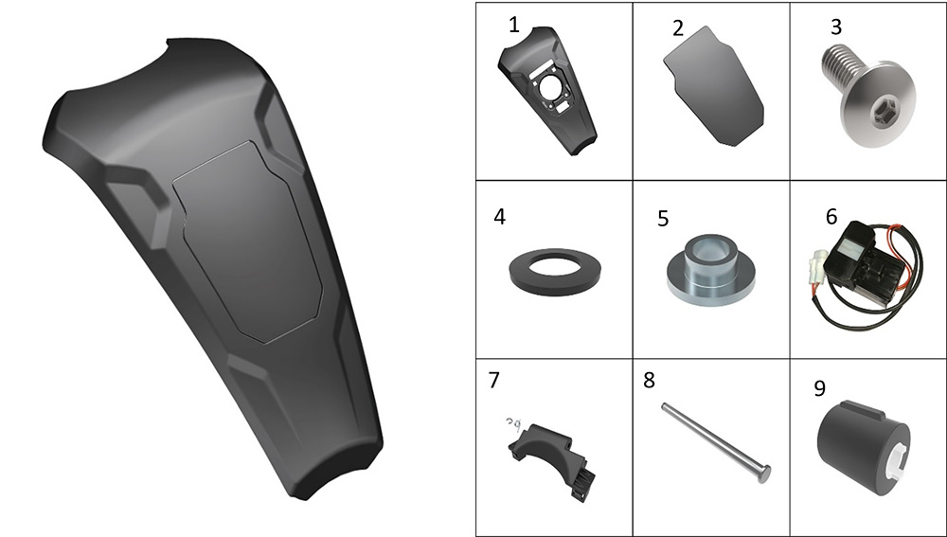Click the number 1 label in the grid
click(514, 26)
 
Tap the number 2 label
click(678, 28)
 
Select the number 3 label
click(836, 27)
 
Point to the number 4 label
click(499, 217)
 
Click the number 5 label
click(663, 219)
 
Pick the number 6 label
click(831, 217)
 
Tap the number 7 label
click(494, 380)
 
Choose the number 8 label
click(650, 380)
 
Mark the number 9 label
click(819, 388)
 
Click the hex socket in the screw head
click(881, 109)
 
